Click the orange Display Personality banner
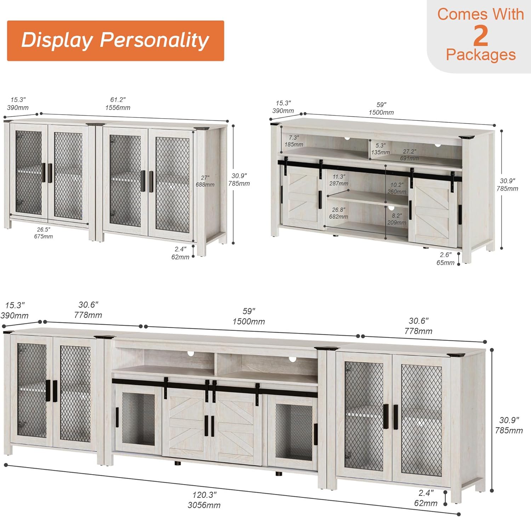coord(115,41)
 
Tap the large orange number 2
coord(480,35)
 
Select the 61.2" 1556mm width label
coord(118,104)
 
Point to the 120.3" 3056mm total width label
coord(204,500)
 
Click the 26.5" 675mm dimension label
coord(44,233)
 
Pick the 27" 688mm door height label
coord(205,181)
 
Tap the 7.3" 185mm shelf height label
coord(294,141)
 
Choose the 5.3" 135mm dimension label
coord(381,149)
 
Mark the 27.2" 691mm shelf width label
coord(410,155)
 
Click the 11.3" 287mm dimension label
coord(339,180)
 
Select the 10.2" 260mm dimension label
coord(397,188)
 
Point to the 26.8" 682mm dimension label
coord(338,213)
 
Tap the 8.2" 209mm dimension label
coord(397,219)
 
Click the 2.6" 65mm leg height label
coord(445,259)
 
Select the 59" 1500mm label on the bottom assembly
coord(249,316)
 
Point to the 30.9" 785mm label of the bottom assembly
coord(509,425)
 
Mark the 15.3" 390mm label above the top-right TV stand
coord(283,107)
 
